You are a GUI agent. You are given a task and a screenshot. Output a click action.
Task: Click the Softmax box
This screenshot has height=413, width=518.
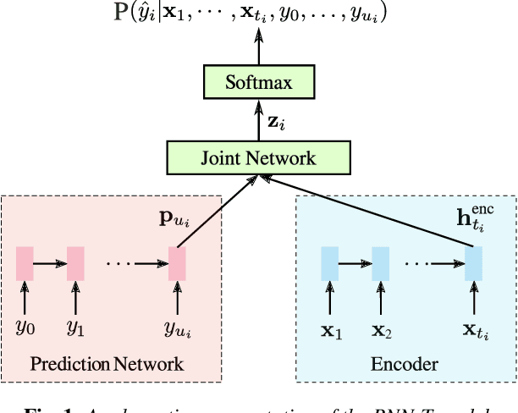point(258,83)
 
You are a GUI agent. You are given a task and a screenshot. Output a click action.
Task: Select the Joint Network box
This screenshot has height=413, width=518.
point(258,157)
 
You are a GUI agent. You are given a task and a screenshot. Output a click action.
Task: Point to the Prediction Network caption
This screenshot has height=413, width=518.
point(107,365)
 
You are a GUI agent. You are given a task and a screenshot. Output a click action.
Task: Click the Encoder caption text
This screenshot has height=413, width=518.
point(405,365)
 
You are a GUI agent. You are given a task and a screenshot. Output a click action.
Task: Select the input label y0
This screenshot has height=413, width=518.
point(25,325)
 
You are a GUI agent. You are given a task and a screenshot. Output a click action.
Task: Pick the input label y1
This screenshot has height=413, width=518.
point(76,325)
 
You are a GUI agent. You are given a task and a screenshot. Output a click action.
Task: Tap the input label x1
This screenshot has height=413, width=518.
point(331,325)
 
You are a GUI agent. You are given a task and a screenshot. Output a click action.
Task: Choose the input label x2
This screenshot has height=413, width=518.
point(383,325)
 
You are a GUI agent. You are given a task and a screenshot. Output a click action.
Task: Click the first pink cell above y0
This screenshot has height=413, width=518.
point(25,263)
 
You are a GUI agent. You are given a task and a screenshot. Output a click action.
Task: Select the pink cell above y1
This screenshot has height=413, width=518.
point(76,263)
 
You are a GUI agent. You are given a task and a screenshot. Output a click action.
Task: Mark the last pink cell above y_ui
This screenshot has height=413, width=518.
point(177,263)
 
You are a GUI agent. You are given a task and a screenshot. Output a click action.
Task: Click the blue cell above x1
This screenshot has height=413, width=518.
point(329,263)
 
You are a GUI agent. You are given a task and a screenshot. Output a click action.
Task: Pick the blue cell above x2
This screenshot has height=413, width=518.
point(381,263)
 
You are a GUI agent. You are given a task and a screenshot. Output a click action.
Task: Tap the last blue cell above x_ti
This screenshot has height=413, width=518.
point(473,263)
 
